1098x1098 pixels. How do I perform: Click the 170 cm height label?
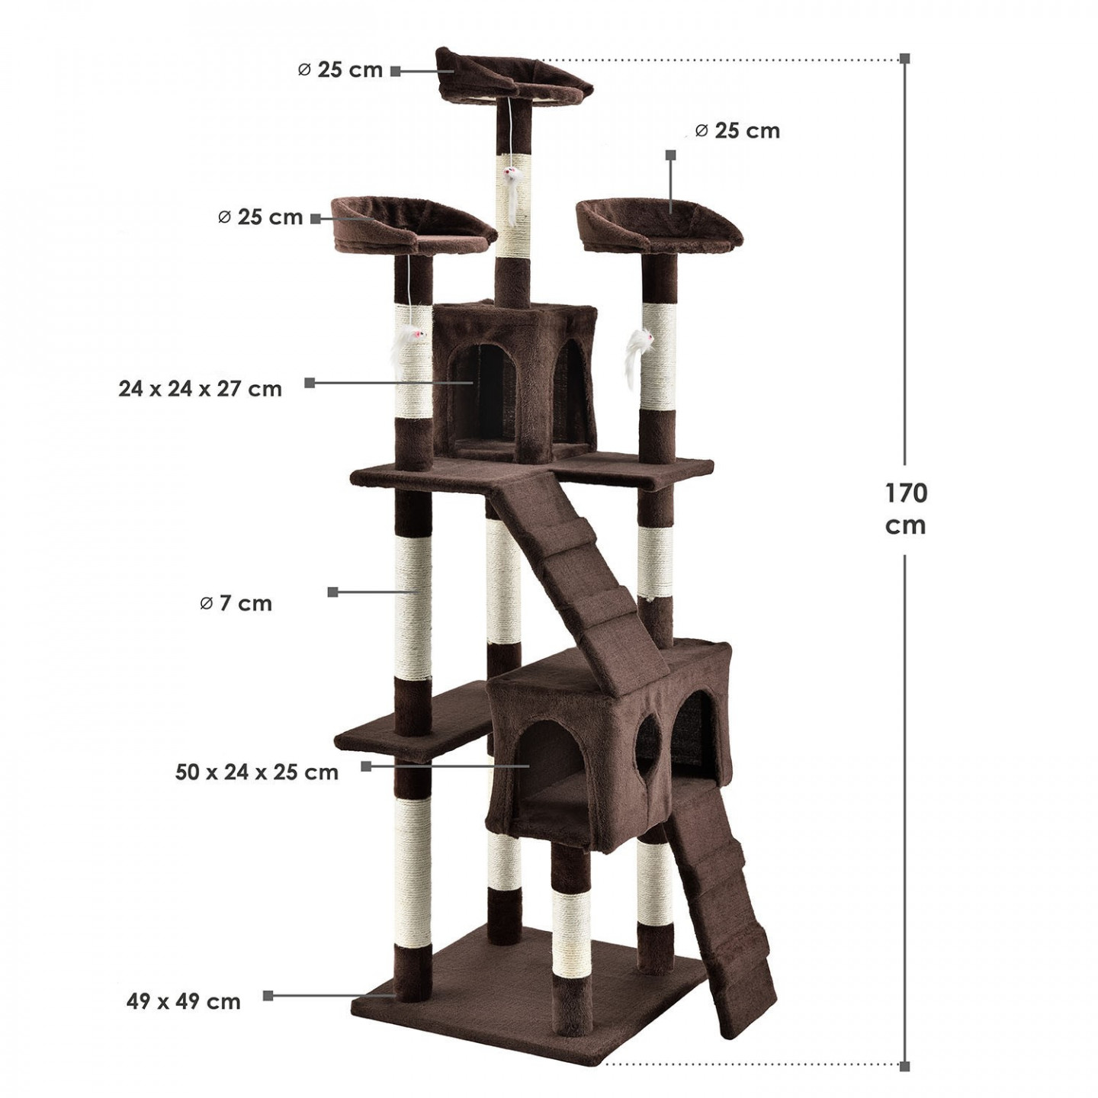pyautogui.click(x=906, y=509)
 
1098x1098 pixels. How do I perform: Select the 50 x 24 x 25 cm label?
pyautogui.click(x=257, y=772)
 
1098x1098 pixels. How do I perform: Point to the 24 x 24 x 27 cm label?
pyautogui.click(x=200, y=389)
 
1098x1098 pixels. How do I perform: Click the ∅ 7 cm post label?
pyautogui.click(x=236, y=603)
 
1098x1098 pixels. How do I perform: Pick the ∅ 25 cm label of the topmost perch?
pyautogui.click(x=340, y=70)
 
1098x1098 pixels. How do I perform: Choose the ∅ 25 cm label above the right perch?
pyautogui.click(x=737, y=130)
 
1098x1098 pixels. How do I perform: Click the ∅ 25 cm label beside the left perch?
pyautogui.click(x=261, y=217)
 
